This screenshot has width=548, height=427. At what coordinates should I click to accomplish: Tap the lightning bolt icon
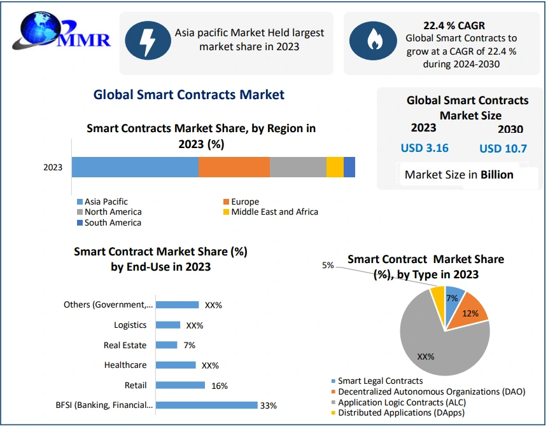pos(147,40)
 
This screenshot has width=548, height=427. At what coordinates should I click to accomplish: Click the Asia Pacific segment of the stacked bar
pos(135,167)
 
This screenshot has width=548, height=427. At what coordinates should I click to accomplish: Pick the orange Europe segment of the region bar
pos(234,167)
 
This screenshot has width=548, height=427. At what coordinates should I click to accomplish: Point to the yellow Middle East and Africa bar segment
pos(335,167)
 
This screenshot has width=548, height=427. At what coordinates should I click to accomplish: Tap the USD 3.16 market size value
pos(425,148)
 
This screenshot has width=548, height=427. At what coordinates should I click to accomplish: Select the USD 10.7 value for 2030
pos(503,149)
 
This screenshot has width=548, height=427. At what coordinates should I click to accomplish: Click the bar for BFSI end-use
pos(206,405)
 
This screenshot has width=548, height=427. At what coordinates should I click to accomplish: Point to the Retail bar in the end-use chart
pos(180,385)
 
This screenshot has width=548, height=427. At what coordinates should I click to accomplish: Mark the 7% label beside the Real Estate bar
pos(189,345)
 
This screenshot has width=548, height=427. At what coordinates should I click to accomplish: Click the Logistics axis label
pos(130,325)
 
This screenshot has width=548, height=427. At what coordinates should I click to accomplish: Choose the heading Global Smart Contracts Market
pos(189,95)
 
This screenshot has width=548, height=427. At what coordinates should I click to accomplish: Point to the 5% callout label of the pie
pos(328,266)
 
